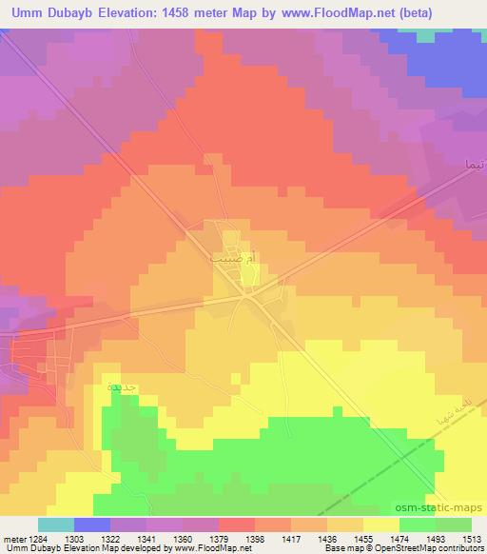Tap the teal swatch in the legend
click(x=55, y=524)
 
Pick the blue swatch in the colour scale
click(x=91, y=524)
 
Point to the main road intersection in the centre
click(x=246, y=296)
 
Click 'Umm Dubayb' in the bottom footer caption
click(x=28, y=549)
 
